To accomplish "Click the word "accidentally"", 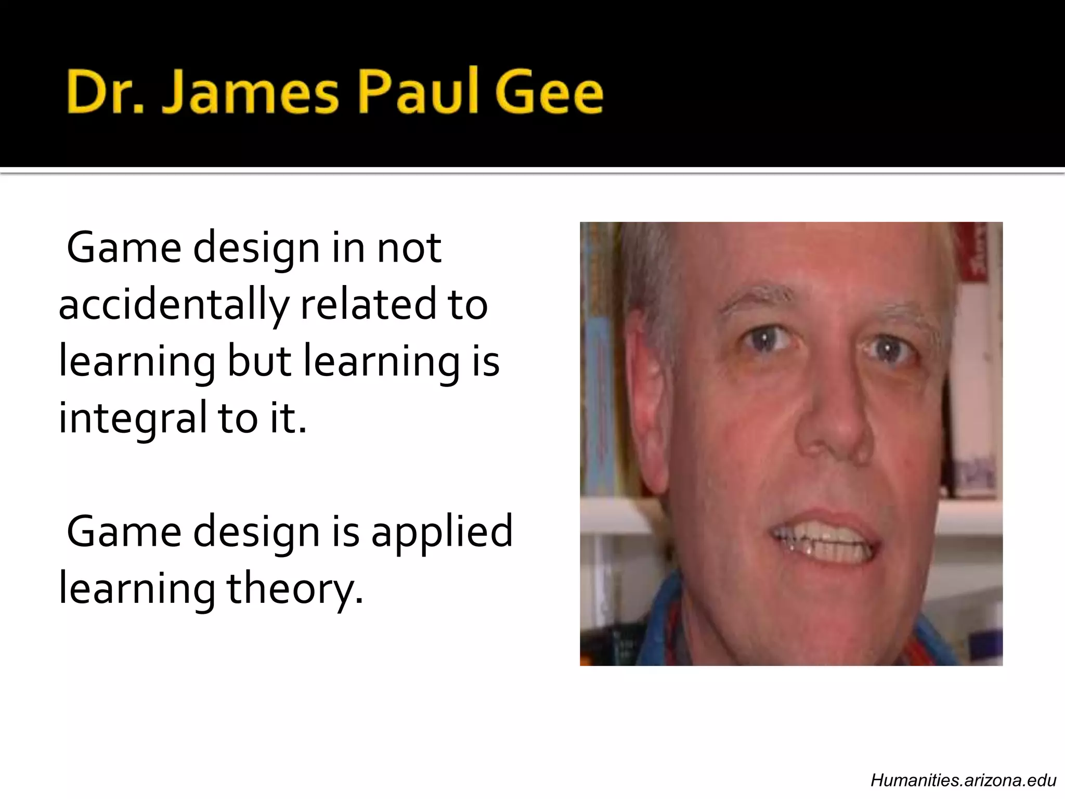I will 174,305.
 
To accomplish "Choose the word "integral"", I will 133,418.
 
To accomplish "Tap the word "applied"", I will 441,532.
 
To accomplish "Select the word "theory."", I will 294,590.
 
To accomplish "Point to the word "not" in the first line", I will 409,248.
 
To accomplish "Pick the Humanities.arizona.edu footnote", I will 963,780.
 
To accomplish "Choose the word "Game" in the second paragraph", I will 124,532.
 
